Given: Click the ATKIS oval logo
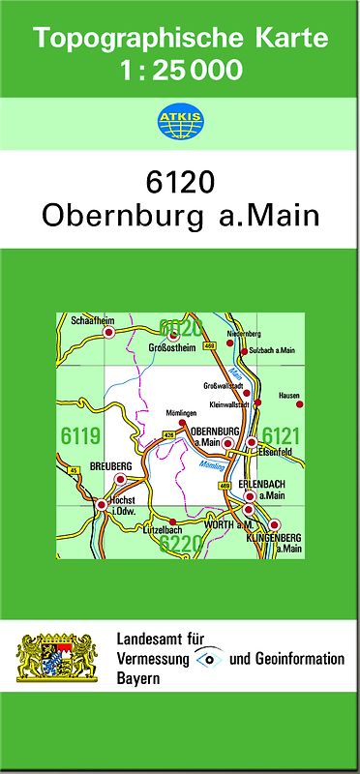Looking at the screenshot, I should click(180, 123).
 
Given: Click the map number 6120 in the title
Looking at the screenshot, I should click(180, 183).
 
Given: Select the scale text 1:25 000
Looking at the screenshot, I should click(180, 70).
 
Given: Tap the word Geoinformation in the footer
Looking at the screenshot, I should click(298, 659).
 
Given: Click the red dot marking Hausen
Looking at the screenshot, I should click(300, 403).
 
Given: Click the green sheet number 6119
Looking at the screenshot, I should click(80, 437).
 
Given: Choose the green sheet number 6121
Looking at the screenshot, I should click(282, 435).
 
